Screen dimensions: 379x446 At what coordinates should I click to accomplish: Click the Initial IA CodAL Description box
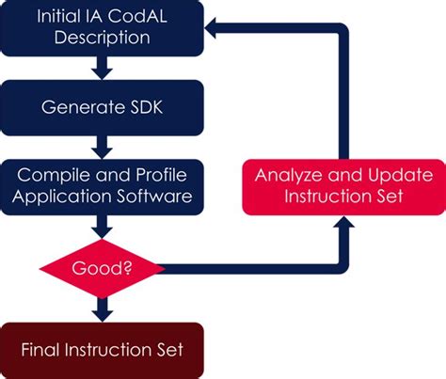click(102, 27)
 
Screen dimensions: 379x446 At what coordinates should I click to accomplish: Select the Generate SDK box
click(102, 106)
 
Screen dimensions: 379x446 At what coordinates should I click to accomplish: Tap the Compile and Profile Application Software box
click(102, 184)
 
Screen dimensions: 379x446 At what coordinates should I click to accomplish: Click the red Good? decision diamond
click(102, 267)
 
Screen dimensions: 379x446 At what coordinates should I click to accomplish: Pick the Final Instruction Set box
click(102, 349)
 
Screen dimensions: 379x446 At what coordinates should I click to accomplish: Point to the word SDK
click(146, 106)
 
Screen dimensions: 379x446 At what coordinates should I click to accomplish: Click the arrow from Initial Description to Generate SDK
click(102, 67)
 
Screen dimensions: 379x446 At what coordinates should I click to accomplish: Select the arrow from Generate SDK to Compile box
click(102, 145)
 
